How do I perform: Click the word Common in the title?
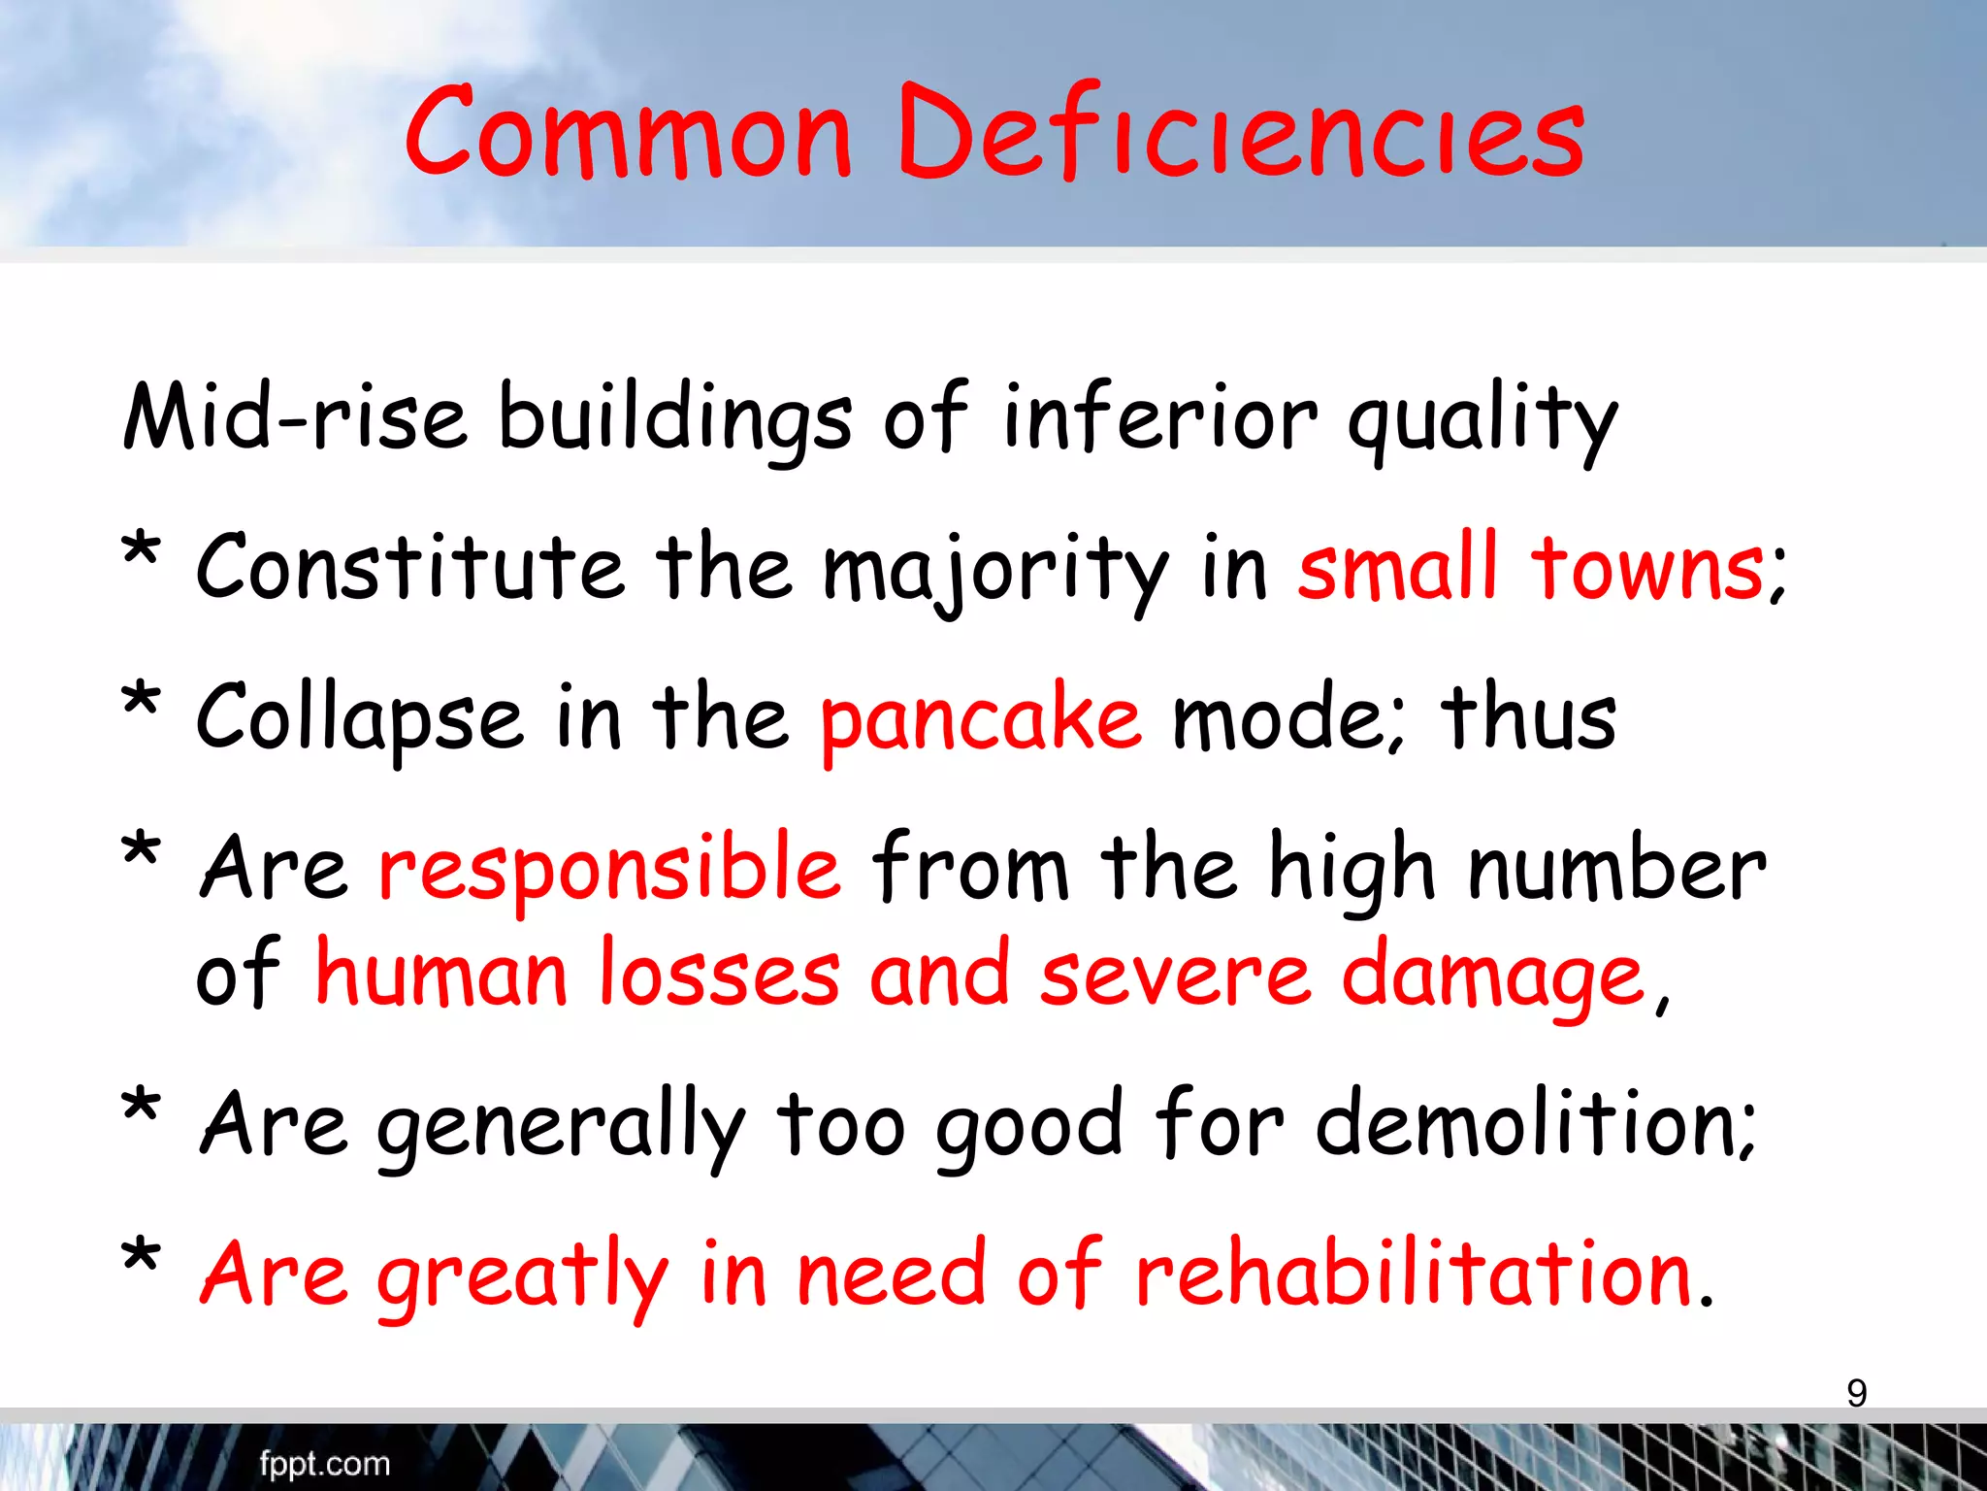(x=629, y=133)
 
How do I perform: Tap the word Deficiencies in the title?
(x=1241, y=133)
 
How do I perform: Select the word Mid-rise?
(x=295, y=417)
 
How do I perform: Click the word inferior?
(x=1159, y=417)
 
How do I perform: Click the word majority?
(x=995, y=571)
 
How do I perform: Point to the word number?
(x=1616, y=867)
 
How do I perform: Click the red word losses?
(x=719, y=974)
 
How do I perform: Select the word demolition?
(x=1534, y=1123)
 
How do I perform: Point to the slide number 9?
(x=1856, y=1393)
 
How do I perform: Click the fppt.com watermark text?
(x=324, y=1463)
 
